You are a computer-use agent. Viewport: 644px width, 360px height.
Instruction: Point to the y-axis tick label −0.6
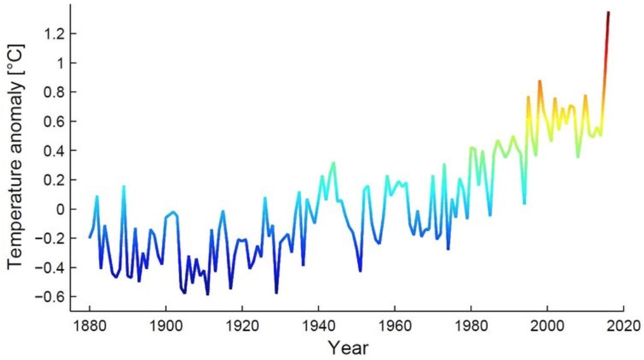pyautogui.click(x=49, y=297)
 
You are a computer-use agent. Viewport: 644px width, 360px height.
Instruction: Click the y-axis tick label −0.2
pyautogui.click(x=49, y=238)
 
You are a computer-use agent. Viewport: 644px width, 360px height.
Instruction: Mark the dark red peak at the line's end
pyautogui.click(x=609, y=13)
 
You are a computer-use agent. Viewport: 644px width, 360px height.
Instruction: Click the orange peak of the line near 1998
pyautogui.click(x=539, y=81)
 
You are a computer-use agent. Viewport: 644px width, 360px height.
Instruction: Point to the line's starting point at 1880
pyautogui.click(x=90, y=237)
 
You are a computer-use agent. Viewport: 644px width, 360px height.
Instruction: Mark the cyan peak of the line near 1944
pyautogui.click(x=334, y=163)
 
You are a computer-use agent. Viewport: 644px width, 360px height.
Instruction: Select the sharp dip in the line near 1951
pyautogui.click(x=361, y=270)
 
